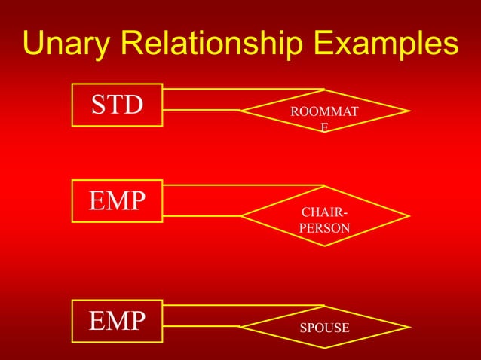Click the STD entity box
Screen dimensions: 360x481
pos(117,105)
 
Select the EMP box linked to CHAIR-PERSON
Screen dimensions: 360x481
pos(117,201)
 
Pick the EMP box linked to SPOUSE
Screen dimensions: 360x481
pos(117,320)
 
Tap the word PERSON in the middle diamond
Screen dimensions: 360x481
pos(324,226)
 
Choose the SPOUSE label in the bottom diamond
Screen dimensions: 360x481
pos(324,328)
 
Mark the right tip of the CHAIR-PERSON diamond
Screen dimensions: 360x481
pos(409,216)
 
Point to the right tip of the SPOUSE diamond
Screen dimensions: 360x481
pos(409,328)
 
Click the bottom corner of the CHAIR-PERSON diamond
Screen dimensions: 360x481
pos(324,247)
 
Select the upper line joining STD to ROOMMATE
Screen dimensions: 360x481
pos(241,90)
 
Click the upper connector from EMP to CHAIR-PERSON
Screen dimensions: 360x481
pos(241,185)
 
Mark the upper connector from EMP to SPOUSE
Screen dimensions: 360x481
pos(241,307)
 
